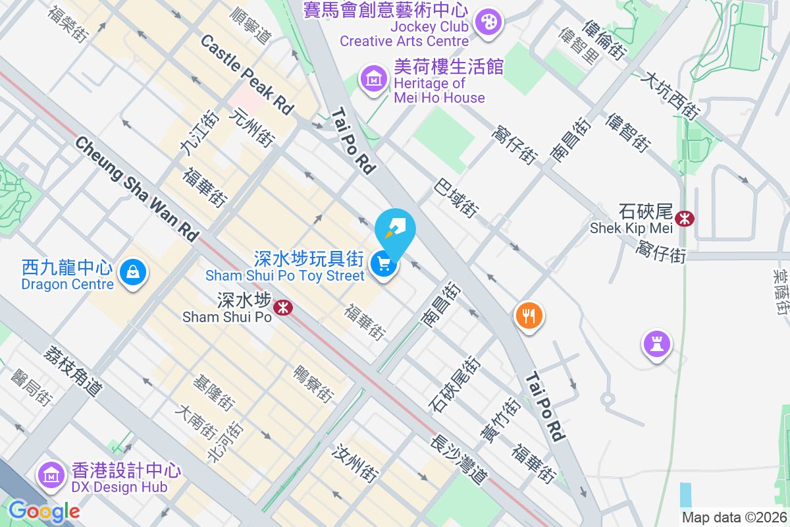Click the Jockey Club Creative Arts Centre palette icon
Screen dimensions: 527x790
488,22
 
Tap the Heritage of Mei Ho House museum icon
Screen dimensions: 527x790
373,80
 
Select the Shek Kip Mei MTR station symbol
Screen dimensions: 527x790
685,218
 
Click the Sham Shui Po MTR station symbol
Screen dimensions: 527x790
283,307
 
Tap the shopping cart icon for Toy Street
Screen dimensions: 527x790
383,265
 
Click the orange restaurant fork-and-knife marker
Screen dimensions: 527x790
529,315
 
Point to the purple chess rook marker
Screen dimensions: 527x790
656,343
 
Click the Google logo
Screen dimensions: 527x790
44,511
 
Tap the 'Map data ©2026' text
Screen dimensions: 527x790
734,517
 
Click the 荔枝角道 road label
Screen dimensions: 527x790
73,370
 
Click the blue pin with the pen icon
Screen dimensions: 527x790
395,229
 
